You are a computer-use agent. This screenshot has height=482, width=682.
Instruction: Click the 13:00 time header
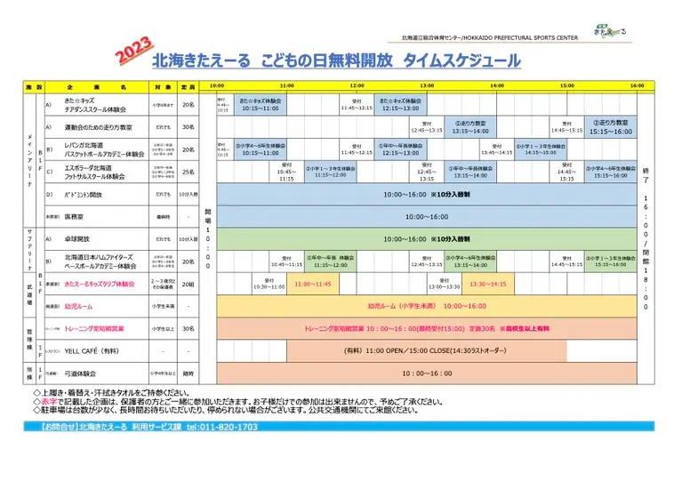point(427,86)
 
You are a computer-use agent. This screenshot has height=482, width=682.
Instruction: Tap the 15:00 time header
point(566,86)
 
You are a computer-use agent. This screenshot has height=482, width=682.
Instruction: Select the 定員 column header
point(188,87)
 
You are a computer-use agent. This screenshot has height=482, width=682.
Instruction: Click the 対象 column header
point(162,87)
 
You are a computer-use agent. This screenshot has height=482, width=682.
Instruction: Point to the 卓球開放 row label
point(84,239)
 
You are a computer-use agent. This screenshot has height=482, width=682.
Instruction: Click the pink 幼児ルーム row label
point(80,306)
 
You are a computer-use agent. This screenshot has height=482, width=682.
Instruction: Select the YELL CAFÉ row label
point(92,351)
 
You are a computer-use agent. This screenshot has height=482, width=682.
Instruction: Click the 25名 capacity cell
point(188,172)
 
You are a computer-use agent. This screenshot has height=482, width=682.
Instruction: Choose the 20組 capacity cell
point(188,284)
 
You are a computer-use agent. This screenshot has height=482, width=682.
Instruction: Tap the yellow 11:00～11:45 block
point(312,284)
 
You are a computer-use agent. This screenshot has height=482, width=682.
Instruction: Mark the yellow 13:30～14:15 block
point(487,284)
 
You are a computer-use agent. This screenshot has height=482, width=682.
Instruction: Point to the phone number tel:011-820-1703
point(221,427)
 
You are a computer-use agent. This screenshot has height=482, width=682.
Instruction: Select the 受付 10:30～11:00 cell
point(269,284)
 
